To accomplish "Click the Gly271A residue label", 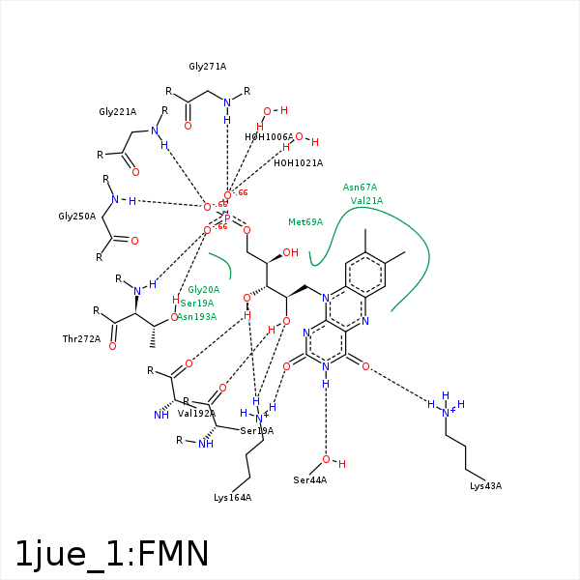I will pos(207,67).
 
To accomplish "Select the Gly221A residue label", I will pos(117,112).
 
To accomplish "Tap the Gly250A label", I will pos(76,216).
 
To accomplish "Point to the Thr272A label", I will pos(81,339).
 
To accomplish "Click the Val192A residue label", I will pos(196,414).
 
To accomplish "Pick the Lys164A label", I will pos(232,498).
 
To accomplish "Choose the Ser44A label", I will pos(310,480).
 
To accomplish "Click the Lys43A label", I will pos(485,485).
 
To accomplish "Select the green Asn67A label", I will pos(360,188).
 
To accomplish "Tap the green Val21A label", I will pos(366,201).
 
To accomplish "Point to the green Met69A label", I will pos(305,222).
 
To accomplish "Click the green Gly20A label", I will pos(203,290).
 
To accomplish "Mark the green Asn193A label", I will pos(196,317).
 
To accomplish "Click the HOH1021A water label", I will pos(298,163).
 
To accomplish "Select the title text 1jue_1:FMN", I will pos(112,554).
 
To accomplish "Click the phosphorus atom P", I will pos(227,219).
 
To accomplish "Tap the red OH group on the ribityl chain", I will pos(290,253).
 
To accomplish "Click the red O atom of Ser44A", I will pos(327,459).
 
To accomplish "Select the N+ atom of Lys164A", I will pos(259,419).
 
